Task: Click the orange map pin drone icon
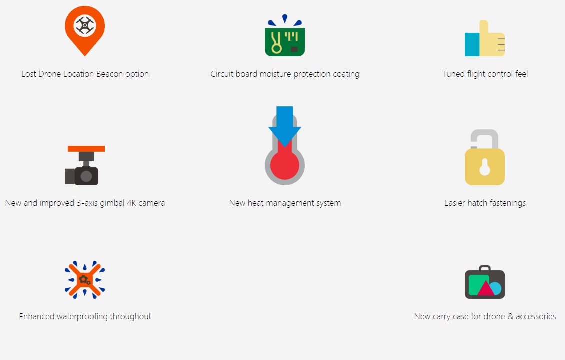coord(85,30)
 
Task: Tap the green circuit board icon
coord(285,36)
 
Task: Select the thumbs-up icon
coord(485,38)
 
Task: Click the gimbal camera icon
coord(85,166)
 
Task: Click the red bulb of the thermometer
coord(285,166)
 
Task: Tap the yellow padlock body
coord(485,167)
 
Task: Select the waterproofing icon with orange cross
coord(85,280)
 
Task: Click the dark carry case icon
coord(485,282)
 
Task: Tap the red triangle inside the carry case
coord(486,288)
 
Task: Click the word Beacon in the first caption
coord(110,74)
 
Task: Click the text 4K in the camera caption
coord(131,203)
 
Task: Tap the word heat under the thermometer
coord(256,203)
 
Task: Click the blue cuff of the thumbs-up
coord(472,44)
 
